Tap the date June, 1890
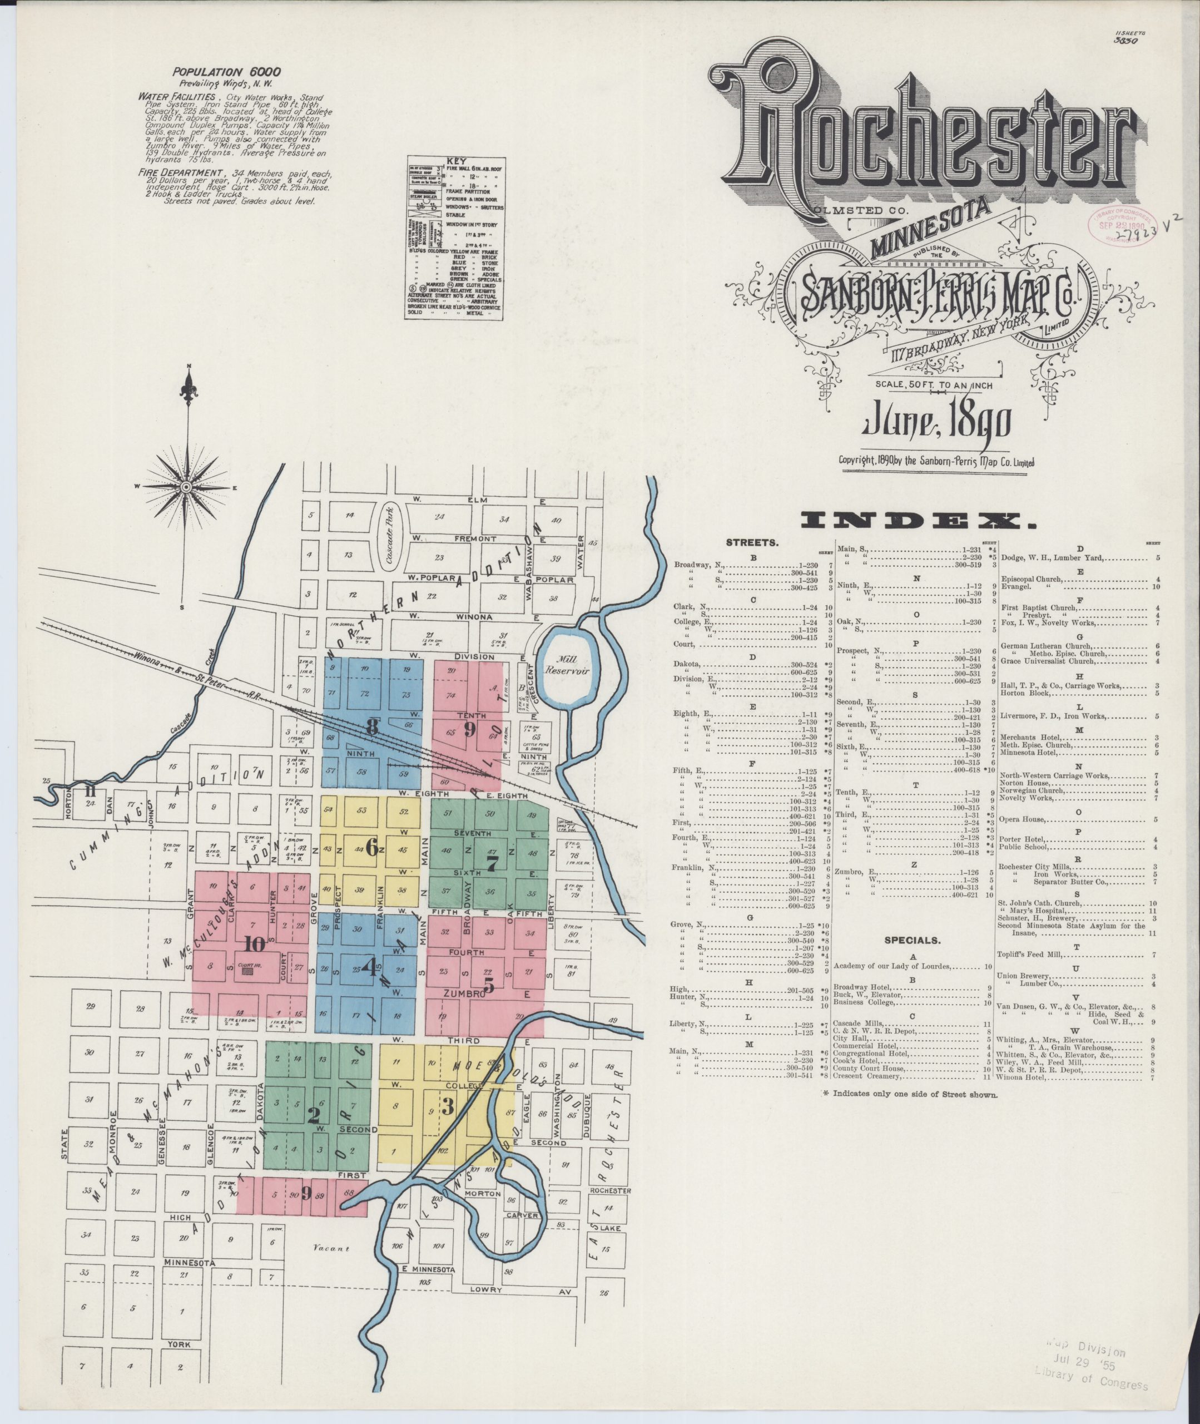tap(937, 423)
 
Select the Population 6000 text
tap(226, 71)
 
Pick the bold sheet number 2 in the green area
tap(313, 1116)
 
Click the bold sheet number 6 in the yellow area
tap(372, 848)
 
